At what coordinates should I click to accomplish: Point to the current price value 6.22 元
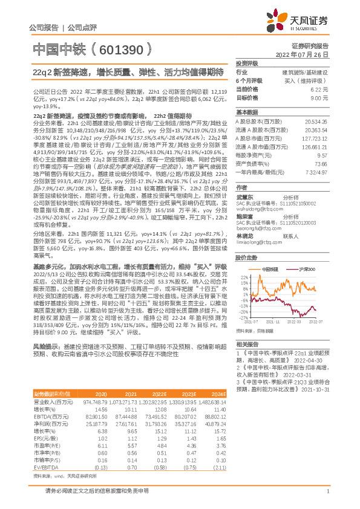(318, 89)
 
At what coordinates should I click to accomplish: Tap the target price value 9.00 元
(318, 97)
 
